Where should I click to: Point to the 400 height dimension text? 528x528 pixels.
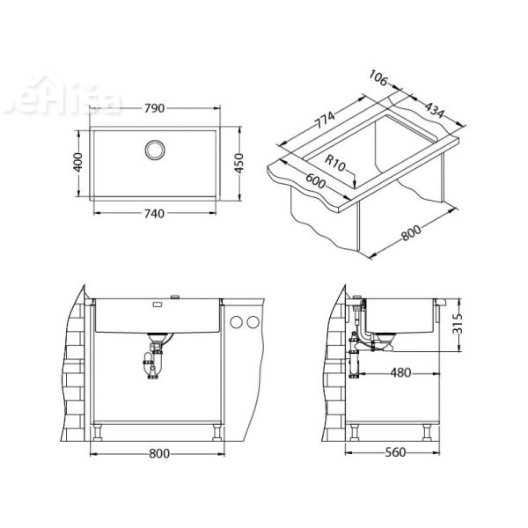click(77, 161)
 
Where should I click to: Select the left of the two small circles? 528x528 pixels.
click(236, 324)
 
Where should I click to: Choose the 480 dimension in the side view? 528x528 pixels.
click(400, 373)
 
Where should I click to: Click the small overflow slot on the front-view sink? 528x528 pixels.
click(158, 306)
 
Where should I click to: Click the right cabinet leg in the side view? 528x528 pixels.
click(427, 432)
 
